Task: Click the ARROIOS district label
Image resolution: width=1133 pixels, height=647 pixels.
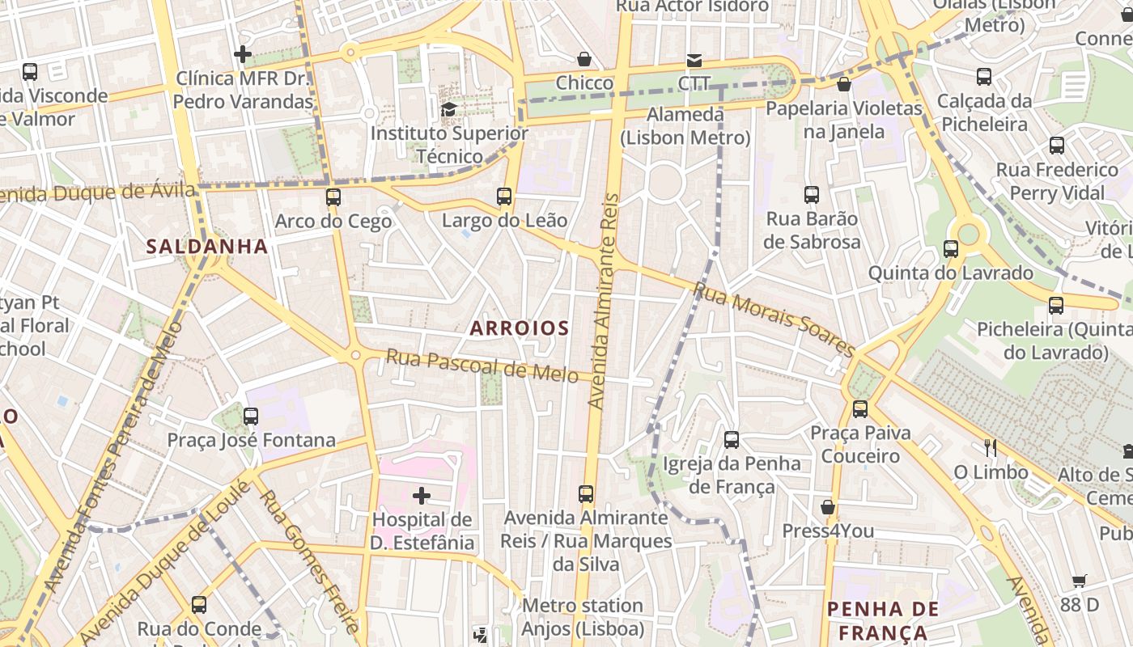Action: [x=520, y=328]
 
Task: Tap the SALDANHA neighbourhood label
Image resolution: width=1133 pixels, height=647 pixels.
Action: [x=207, y=247]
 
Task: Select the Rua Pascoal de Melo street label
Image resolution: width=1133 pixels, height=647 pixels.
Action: [x=482, y=365]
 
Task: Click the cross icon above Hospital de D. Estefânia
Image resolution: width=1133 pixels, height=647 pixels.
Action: [x=422, y=495]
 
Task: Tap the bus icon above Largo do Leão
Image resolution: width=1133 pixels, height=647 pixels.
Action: [x=504, y=196]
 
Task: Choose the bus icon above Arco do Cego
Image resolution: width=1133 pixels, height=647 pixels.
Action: [x=333, y=197]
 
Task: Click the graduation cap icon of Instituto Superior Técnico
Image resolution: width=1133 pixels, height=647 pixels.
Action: [x=448, y=109]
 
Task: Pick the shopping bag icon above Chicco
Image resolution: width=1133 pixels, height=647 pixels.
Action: [x=583, y=59]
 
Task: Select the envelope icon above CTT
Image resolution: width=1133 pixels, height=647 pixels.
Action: [x=694, y=60]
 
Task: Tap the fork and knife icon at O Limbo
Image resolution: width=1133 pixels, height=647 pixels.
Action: [x=990, y=447]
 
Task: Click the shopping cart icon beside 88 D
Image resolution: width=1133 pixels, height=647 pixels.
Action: [x=1079, y=580]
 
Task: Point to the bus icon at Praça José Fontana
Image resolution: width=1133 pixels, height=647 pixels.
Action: [x=251, y=416]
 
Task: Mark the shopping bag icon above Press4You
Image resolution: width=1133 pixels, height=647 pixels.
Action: [x=827, y=507]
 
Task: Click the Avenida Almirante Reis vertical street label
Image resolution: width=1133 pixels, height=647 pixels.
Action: [x=604, y=301]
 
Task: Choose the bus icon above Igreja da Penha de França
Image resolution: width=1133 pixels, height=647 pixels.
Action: [x=732, y=439]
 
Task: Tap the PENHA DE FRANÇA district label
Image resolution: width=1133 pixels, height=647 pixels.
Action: [x=883, y=620]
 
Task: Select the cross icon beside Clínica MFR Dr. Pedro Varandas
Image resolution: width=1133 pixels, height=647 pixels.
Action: [x=242, y=54]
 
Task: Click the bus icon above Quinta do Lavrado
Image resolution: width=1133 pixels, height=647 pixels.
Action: [x=951, y=248]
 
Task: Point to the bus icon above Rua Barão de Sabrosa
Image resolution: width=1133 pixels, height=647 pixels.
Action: [x=812, y=194]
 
